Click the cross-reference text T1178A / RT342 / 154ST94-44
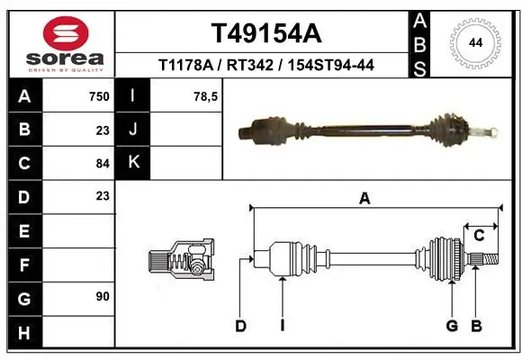click(x=265, y=65)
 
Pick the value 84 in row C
click(x=102, y=163)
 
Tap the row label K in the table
click(x=132, y=163)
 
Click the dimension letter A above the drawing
click(x=364, y=199)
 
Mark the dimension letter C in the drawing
click(x=480, y=236)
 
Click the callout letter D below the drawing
click(x=240, y=326)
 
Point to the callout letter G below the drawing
click(x=452, y=326)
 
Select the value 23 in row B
click(x=102, y=130)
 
